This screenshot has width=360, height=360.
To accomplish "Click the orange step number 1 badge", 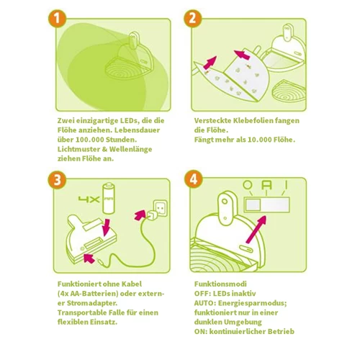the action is (57, 18).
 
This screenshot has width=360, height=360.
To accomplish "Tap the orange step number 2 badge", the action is (193, 18).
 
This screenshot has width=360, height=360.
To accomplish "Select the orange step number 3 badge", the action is (57, 180).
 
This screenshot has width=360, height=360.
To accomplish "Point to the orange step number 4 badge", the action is (194, 179).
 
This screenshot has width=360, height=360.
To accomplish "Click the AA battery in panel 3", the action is (108, 198).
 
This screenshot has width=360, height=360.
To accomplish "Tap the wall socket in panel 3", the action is (160, 208).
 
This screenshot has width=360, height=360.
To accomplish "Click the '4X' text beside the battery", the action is (89, 199).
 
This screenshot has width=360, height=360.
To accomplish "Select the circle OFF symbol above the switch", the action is (248, 185).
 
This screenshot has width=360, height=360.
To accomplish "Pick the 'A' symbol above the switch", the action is (266, 185).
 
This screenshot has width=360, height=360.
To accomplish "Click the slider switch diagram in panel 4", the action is (267, 204).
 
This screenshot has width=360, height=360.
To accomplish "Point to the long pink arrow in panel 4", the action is (256, 230).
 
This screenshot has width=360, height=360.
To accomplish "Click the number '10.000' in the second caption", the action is (259, 140).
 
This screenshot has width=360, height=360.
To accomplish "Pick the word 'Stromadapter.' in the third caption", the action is (92, 303).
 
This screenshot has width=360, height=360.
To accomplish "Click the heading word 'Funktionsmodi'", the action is (220, 284).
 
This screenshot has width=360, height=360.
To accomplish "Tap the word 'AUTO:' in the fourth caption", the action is (204, 303).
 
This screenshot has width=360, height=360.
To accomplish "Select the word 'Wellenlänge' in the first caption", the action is (130, 149).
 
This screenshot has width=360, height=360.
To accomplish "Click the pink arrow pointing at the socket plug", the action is (140, 215).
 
